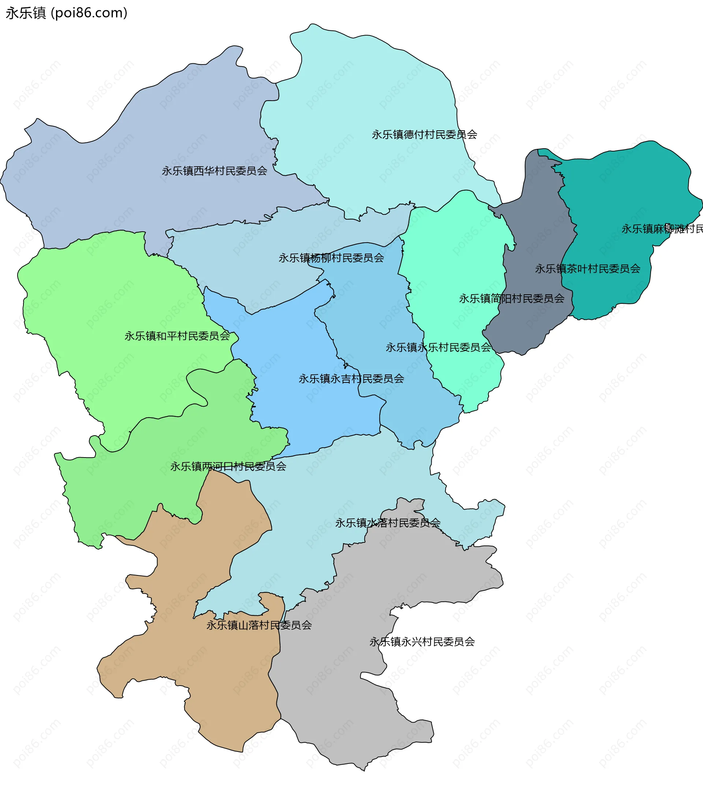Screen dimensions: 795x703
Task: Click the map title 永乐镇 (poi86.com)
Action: tap(66, 13)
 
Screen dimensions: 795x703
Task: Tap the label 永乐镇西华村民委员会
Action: tap(214, 171)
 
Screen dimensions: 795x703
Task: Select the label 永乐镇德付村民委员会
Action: tap(424, 135)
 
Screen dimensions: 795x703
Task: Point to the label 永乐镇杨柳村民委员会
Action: tap(331, 258)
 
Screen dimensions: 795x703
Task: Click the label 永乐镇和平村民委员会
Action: tap(177, 336)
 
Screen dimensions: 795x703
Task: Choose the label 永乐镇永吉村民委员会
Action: tap(351, 378)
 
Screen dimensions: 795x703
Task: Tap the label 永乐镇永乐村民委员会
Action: tap(438, 347)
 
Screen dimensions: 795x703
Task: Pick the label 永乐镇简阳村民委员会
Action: tap(511, 298)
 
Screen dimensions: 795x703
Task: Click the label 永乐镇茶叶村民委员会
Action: tap(587, 268)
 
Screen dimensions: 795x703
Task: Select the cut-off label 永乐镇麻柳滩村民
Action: tap(661, 229)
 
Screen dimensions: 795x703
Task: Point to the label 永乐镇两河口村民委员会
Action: tap(228, 466)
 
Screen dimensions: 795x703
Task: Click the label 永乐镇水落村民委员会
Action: tap(387, 523)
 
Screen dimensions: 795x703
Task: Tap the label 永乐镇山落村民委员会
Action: tap(259, 625)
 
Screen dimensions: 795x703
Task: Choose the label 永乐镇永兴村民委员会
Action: tap(422, 641)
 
